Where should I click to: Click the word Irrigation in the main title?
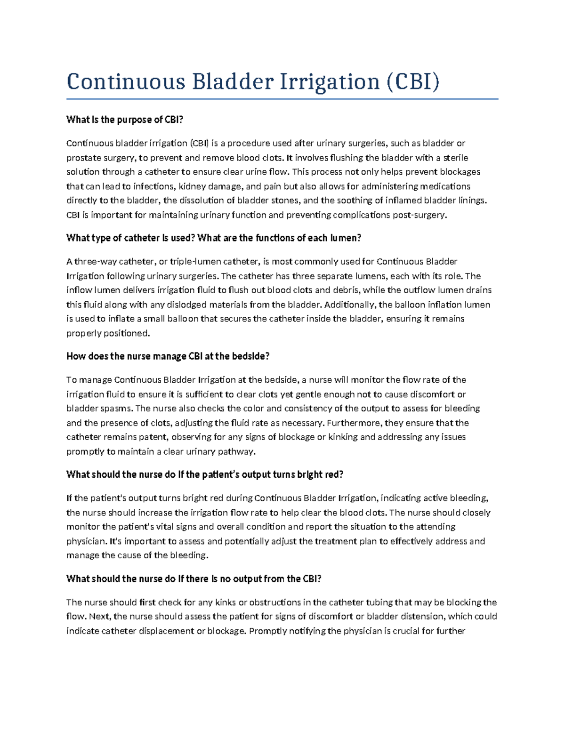[x=330, y=82]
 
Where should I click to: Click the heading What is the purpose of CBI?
[x=124, y=120]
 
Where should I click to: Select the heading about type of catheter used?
[x=213, y=238]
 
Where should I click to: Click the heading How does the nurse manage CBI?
[x=168, y=356]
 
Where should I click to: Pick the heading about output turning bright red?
[x=205, y=474]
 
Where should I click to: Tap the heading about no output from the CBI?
[x=194, y=579]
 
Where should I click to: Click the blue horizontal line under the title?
[x=282, y=99]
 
